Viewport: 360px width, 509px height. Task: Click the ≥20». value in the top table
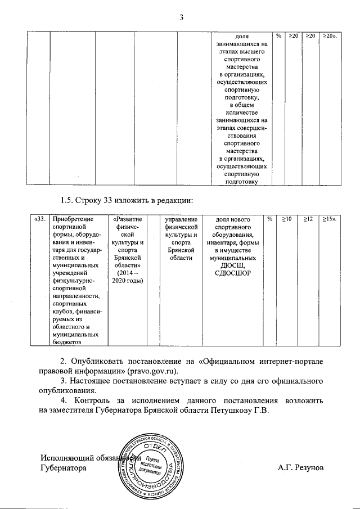click(328, 36)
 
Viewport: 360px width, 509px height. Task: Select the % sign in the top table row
click(278, 36)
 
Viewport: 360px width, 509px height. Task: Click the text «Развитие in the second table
click(127, 218)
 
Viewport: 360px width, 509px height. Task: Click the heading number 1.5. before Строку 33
click(67, 200)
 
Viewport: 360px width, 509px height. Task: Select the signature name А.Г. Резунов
click(300, 467)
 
